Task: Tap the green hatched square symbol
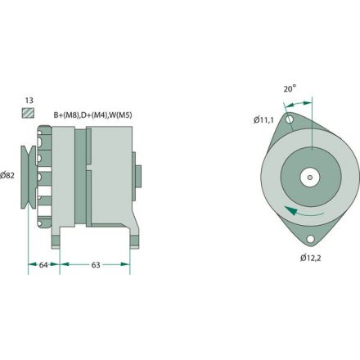tap(29, 115)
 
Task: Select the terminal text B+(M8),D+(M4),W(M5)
tap(92, 115)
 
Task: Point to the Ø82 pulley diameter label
tap(9, 174)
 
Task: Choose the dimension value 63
tap(95, 264)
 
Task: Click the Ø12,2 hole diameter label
tap(310, 259)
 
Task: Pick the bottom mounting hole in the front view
tap(311, 240)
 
